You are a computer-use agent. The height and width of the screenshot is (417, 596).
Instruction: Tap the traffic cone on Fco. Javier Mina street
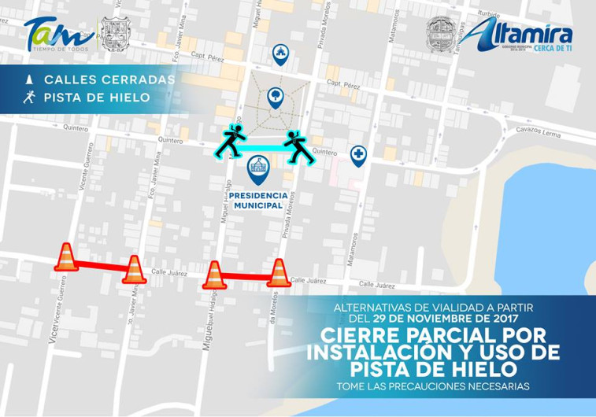pos(134,269)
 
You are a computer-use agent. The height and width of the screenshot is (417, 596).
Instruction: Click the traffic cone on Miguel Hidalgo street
pos(213,275)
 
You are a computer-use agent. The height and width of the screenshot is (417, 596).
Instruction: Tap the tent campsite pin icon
pos(279,54)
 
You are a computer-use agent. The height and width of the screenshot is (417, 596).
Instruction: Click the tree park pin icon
pos(275,98)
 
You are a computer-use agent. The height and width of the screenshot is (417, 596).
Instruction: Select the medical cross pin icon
pos(358,155)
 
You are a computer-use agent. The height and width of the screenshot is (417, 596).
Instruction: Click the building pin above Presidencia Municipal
pos(257,167)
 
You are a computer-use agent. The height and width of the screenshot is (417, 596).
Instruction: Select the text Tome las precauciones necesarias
pos(432,386)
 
